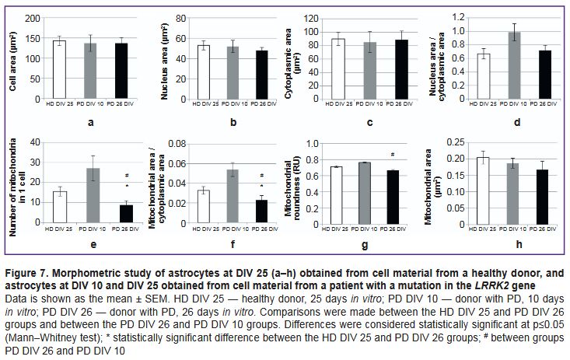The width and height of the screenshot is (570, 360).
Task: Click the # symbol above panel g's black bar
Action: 393,154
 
